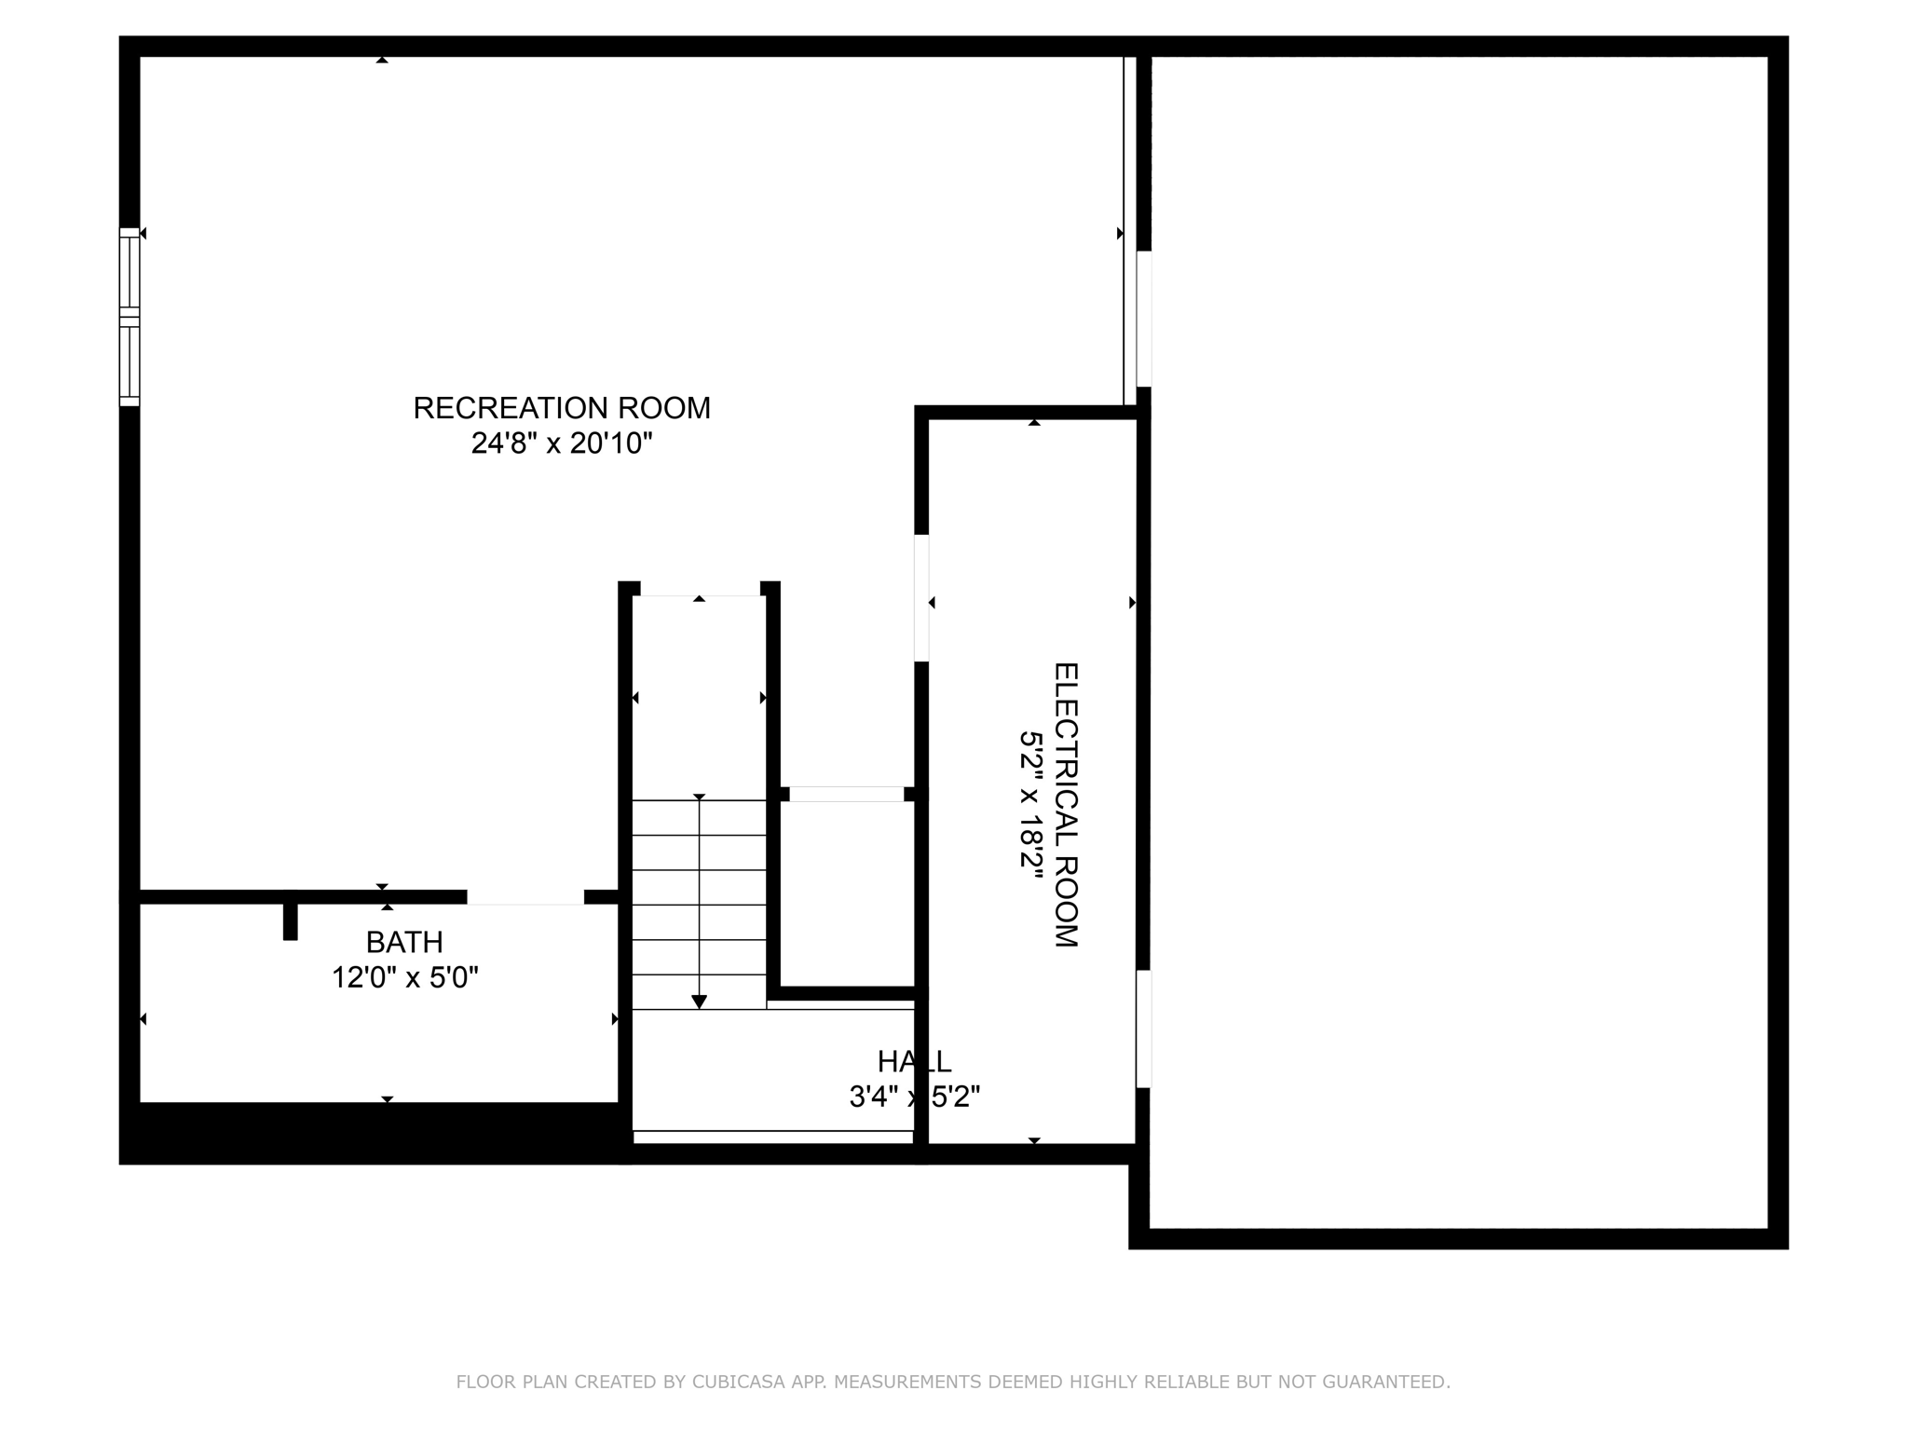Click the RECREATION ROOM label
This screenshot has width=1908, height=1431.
coord(562,408)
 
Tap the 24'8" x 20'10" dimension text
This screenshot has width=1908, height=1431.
coord(562,443)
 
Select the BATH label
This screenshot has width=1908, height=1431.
coord(404,943)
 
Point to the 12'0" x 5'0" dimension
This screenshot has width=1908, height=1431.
coord(405,978)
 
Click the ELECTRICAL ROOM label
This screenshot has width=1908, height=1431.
coord(1066,805)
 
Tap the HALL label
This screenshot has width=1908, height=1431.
coord(914,1061)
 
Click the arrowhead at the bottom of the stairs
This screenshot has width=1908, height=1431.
coord(699,1002)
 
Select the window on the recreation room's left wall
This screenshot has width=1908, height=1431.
coord(129,317)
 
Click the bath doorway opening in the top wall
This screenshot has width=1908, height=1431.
coord(525,897)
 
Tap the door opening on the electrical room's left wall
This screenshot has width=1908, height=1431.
coord(921,597)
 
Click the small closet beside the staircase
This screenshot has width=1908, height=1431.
coord(847,893)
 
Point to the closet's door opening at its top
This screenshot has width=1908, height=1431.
coord(847,794)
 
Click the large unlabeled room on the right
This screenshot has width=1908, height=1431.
coord(1458,643)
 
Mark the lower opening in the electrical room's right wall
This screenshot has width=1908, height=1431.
coord(1143,1029)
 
